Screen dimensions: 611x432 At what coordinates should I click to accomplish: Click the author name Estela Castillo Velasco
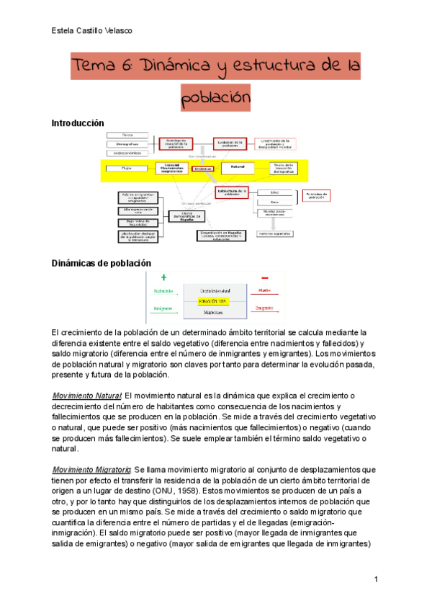pyautogui.click(x=92, y=30)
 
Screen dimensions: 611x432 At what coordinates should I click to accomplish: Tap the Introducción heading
pyautogui.click(x=78, y=123)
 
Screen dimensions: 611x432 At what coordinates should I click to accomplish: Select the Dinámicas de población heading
pyautogui.click(x=102, y=264)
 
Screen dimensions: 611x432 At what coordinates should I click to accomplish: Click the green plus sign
pyautogui.click(x=163, y=277)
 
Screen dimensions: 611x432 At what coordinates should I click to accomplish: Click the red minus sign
pyautogui.click(x=265, y=277)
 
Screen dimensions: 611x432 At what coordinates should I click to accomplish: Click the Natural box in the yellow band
pyautogui.click(x=233, y=167)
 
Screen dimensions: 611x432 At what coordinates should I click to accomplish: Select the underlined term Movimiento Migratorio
pyautogui.click(x=92, y=470)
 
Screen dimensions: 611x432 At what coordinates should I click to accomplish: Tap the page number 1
pyautogui.click(x=376, y=579)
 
